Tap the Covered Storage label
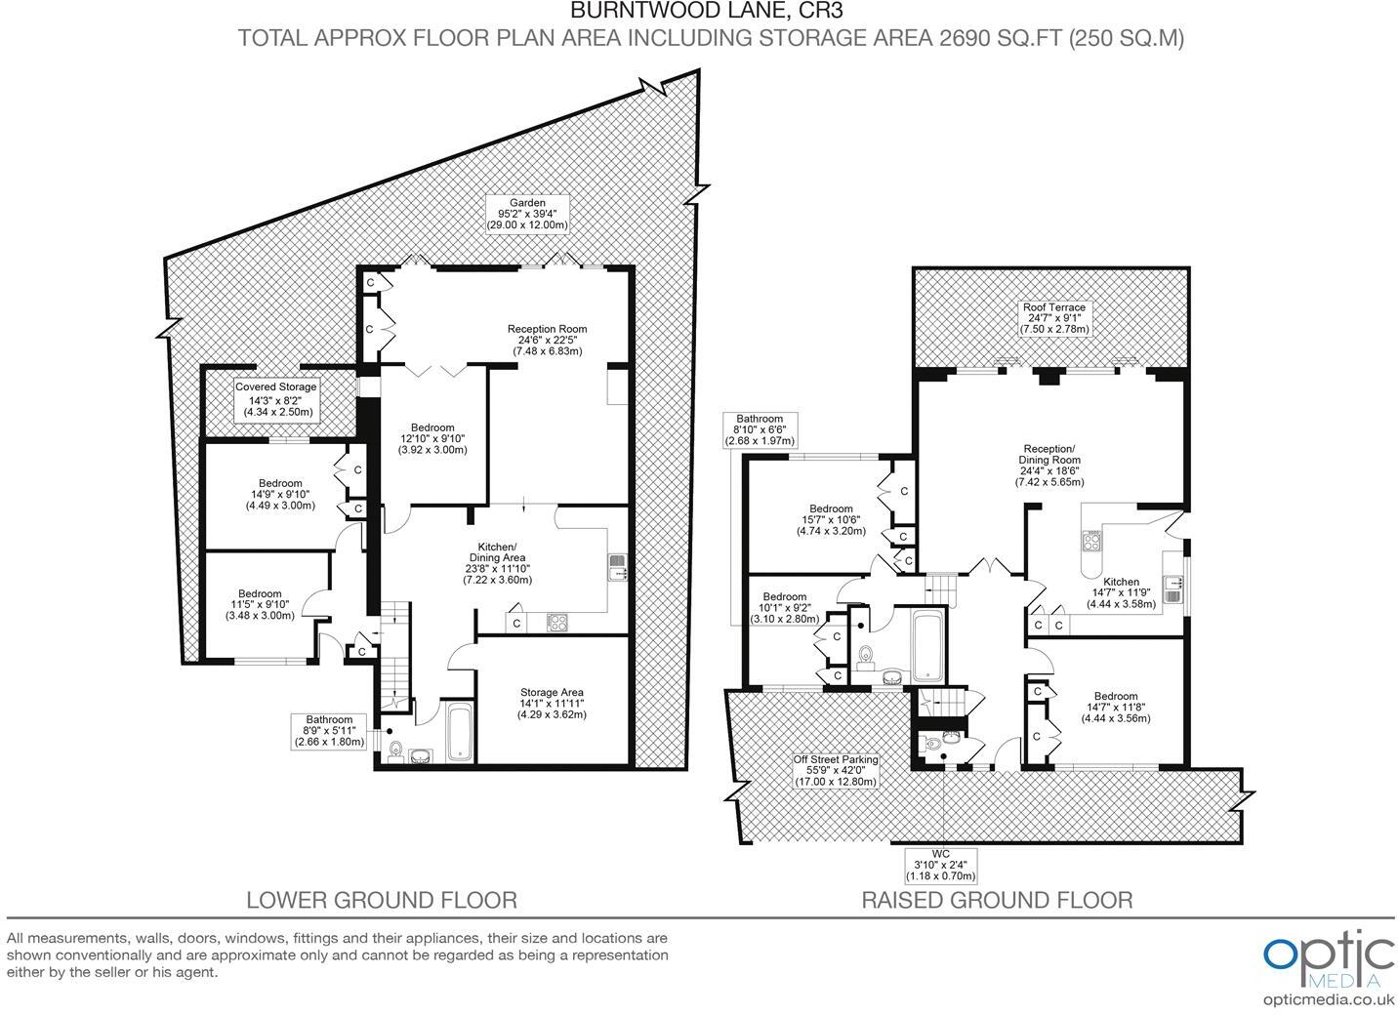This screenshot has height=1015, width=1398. tap(276, 400)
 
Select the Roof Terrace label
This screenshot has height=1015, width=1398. tap(1054, 318)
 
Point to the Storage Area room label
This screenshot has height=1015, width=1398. tap(552, 704)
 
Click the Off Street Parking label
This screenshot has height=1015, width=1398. tap(835, 770)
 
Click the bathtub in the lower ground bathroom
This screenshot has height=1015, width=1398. tap(460, 733)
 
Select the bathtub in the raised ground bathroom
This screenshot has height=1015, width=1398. tap(926, 646)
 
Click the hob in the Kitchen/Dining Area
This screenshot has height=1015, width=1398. tap(557, 622)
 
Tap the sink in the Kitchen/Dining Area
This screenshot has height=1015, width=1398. tap(617, 567)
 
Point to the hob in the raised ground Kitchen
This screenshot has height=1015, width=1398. tap(1090, 540)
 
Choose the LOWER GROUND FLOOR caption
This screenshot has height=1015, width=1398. tap(381, 900)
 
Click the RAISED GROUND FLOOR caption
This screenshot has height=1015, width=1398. tap(997, 900)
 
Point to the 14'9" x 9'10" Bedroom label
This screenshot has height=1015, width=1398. tap(280, 494)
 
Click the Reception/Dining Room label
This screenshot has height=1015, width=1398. tap(1049, 465)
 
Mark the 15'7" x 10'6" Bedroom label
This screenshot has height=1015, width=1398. tap(831, 519)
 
